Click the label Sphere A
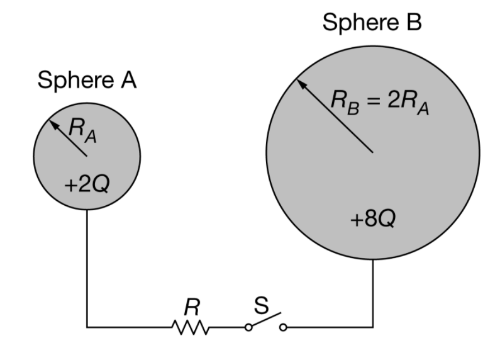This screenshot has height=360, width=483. click(87, 81)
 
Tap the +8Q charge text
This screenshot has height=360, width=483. click(373, 221)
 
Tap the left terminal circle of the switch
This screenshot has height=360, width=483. click(248, 327)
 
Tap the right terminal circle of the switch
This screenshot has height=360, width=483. click(283, 327)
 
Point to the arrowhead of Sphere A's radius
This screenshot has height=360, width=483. click(53, 124)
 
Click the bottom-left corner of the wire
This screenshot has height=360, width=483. click(87, 327)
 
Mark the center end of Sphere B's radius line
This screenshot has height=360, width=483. click(372, 152)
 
